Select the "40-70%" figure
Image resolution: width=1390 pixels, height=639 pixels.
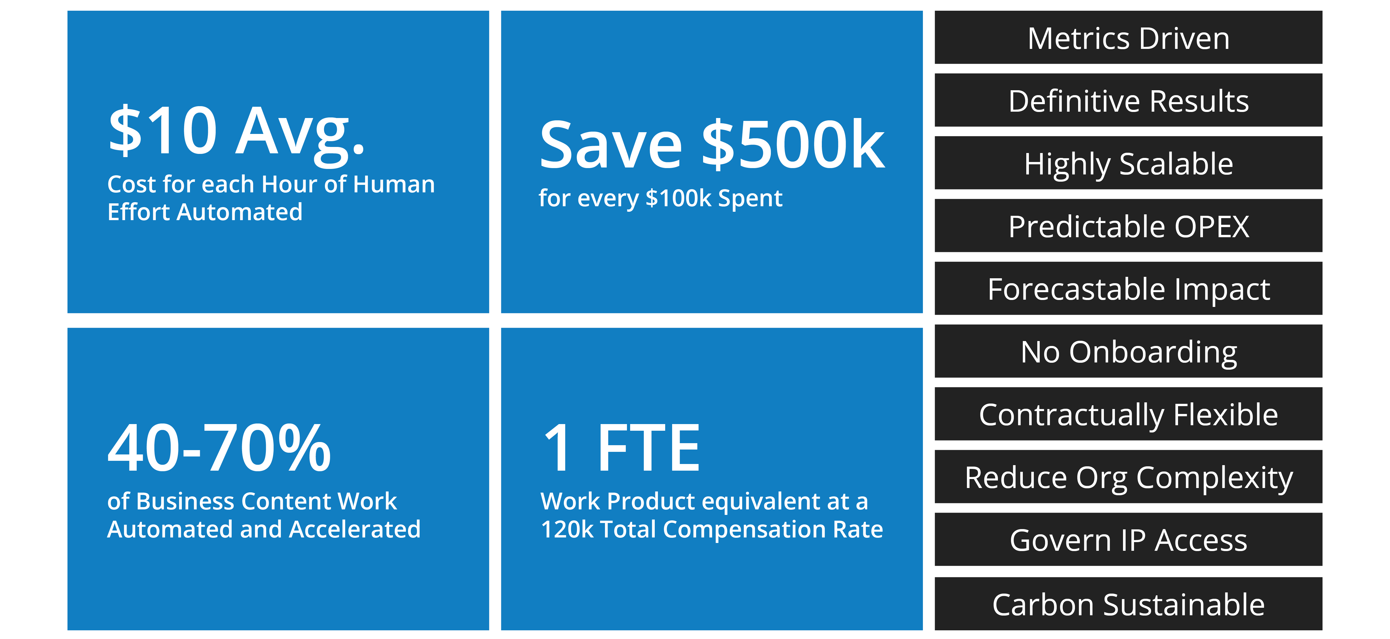pyautogui.click(x=219, y=448)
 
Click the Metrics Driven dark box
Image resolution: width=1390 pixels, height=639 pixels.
pyautogui.click(x=1128, y=37)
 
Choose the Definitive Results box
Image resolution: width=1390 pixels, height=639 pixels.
pyautogui.click(x=1128, y=100)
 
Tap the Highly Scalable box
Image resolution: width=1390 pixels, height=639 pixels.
pyautogui.click(x=1128, y=163)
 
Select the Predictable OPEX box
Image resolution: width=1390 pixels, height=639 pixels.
pyautogui.click(x=1128, y=225)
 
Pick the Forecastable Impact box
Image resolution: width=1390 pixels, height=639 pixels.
pyautogui.click(x=1128, y=288)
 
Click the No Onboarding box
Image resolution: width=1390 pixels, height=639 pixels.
pyautogui.click(x=1128, y=351)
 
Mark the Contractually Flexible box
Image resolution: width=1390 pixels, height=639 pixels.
pyautogui.click(x=1128, y=414)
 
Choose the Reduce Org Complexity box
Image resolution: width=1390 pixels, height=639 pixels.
pyautogui.click(x=1128, y=477)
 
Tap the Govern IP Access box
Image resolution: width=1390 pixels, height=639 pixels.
pyautogui.click(x=1128, y=539)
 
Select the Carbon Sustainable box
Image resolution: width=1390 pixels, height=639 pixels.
pyautogui.click(x=1128, y=603)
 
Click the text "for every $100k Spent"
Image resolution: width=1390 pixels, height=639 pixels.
pyautogui.click(x=661, y=198)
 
